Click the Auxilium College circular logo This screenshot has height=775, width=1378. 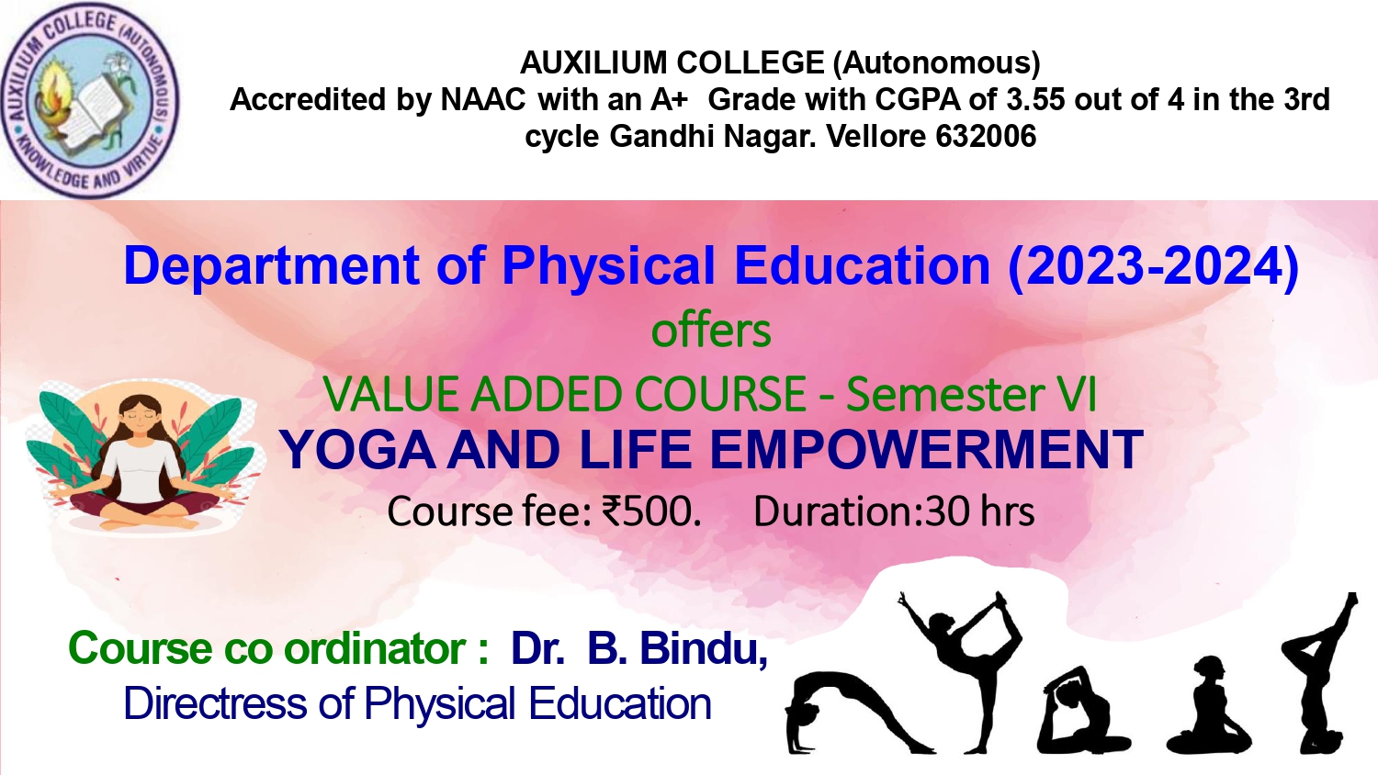click(90, 100)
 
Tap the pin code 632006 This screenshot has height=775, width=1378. click(986, 136)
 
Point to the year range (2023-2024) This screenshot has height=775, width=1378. click(1154, 265)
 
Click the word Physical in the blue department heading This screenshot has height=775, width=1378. click(609, 266)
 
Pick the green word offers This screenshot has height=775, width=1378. click(711, 331)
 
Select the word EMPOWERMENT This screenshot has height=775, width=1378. click(926, 450)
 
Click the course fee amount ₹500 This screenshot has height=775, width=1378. click(650, 511)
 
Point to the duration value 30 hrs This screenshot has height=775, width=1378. click(979, 511)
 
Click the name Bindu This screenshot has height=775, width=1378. click(704, 648)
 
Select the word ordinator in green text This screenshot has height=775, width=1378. click(375, 648)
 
